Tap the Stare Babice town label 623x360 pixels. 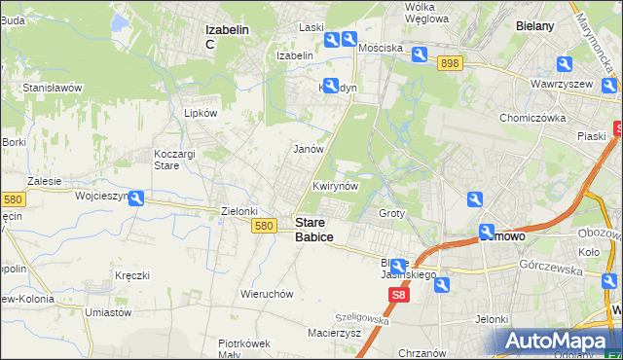(313, 230)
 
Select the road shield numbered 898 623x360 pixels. (449, 62)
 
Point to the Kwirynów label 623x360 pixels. (337, 185)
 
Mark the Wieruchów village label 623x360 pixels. (267, 293)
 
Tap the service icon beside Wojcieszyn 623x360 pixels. (137, 198)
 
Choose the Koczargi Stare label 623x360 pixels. (176, 160)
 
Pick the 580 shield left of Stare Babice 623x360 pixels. (263, 225)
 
